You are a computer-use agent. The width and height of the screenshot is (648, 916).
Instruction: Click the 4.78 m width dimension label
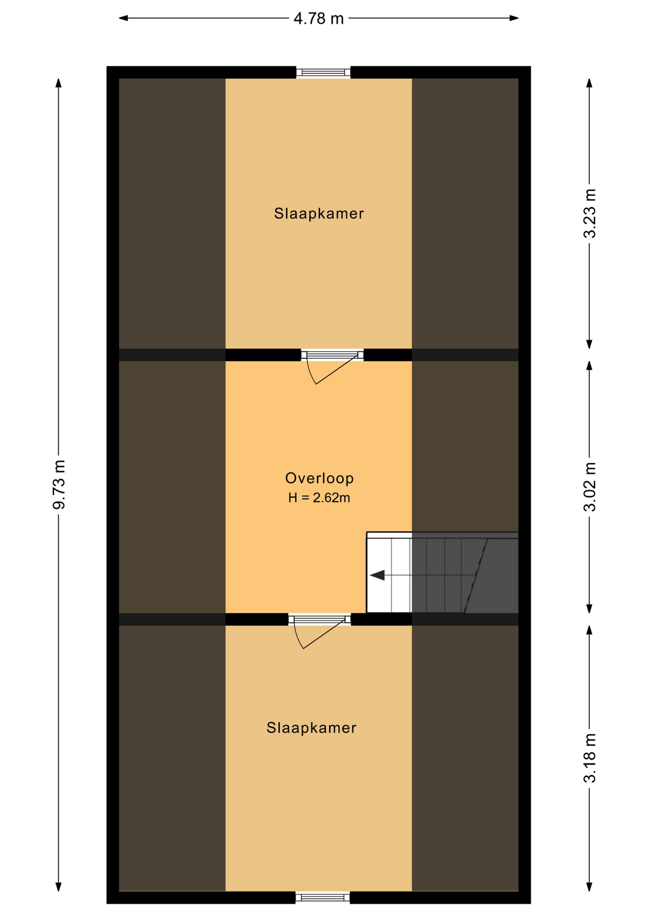[x=318, y=19]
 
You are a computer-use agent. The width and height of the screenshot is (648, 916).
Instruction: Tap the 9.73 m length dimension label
[x=59, y=485]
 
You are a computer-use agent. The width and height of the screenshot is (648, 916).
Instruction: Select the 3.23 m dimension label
[x=590, y=213]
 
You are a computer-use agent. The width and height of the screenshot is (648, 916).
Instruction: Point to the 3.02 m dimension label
[x=590, y=487]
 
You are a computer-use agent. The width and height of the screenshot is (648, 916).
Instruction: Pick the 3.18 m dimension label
[x=590, y=758]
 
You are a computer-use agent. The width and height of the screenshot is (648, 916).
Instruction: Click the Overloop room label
[x=319, y=478]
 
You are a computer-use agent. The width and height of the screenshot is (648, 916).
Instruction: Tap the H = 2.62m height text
[x=319, y=498]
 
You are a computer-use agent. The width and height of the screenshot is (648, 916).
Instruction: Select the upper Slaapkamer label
[x=319, y=213]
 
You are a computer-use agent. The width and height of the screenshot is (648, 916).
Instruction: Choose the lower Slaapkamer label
[x=311, y=728]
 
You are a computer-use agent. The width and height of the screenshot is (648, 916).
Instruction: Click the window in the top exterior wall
[x=323, y=73]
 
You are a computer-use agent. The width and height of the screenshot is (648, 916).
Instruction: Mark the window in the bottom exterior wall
[x=323, y=897]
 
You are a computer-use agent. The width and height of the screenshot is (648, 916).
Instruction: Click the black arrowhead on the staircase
[x=377, y=575]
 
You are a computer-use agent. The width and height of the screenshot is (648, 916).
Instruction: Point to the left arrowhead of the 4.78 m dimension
[x=123, y=18]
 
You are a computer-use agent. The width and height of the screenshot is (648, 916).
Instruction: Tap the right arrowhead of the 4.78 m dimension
[x=514, y=18]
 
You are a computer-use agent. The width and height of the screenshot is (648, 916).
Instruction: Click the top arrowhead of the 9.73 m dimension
[x=58, y=83]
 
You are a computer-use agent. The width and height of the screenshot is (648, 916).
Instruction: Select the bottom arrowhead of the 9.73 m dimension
[x=58, y=886]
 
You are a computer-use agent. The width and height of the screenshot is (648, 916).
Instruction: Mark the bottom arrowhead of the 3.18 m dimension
[x=589, y=886]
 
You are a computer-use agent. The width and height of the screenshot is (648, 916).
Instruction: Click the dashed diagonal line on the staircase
[x=475, y=576]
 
